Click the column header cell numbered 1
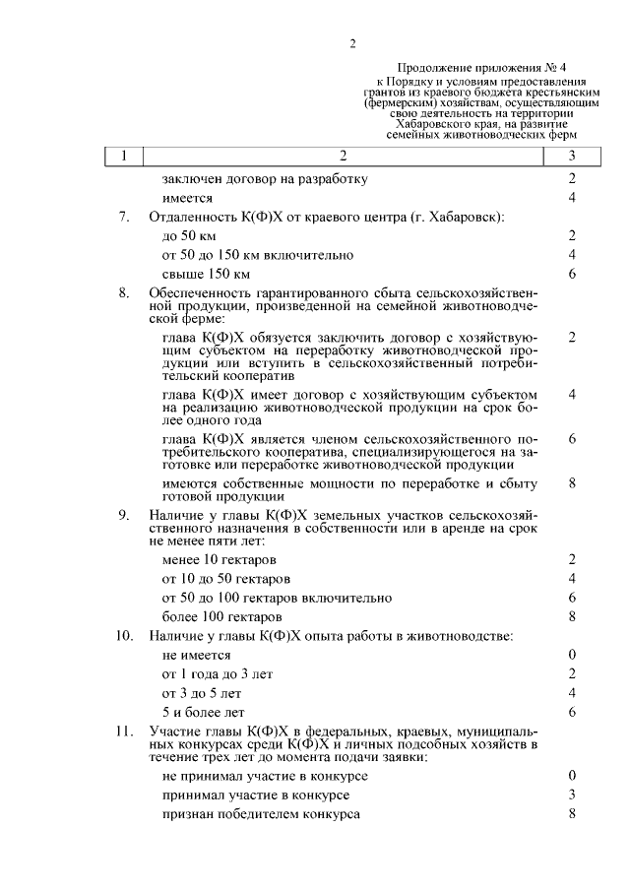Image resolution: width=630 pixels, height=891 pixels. pyautogui.click(x=124, y=156)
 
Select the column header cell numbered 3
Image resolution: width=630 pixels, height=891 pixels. pyautogui.click(x=572, y=156)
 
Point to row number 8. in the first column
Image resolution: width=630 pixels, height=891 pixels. pyautogui.click(x=124, y=292)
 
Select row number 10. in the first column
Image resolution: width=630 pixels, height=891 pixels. pyautogui.click(x=123, y=636)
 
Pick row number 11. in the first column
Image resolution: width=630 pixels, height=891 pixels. pyautogui.click(x=123, y=731)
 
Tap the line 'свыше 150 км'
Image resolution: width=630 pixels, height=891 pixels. pyautogui.click(x=207, y=274)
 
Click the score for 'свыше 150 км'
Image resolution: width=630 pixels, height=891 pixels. pyautogui.click(x=572, y=274)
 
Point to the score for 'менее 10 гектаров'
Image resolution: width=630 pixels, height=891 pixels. pyautogui.click(x=572, y=560)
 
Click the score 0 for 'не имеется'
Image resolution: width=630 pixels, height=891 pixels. pyautogui.click(x=572, y=655)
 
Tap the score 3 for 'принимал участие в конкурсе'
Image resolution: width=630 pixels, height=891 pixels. pyautogui.click(x=572, y=796)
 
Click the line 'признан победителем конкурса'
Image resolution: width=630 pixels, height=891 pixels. pyautogui.click(x=261, y=815)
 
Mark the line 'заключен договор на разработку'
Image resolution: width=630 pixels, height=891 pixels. pyautogui.click(x=265, y=179)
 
